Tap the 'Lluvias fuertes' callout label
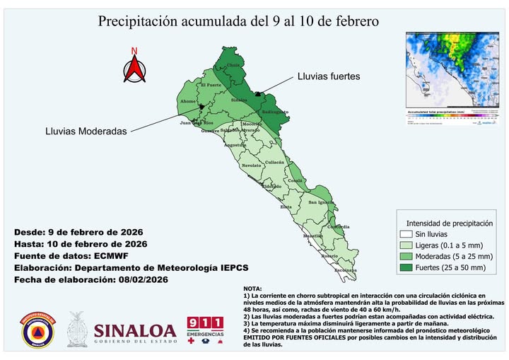(329, 76)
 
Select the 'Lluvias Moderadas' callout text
(86, 132)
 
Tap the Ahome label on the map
(188, 101)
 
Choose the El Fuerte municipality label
(212, 86)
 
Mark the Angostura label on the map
(235, 144)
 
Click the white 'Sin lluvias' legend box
(405, 233)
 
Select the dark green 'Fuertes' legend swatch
(405, 267)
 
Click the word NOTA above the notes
(252, 289)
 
